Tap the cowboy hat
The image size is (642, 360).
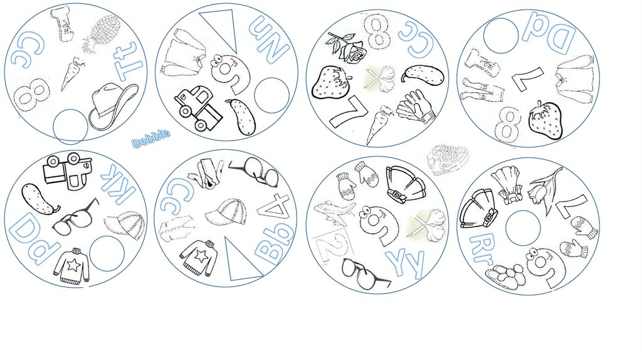112,105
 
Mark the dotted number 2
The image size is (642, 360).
332,245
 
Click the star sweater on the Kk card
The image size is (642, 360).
72,266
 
